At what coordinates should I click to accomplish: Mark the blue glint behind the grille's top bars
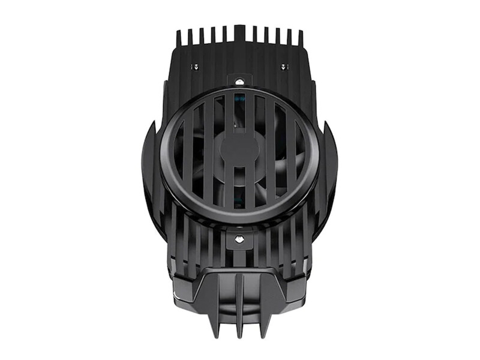click(x=240, y=98)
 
